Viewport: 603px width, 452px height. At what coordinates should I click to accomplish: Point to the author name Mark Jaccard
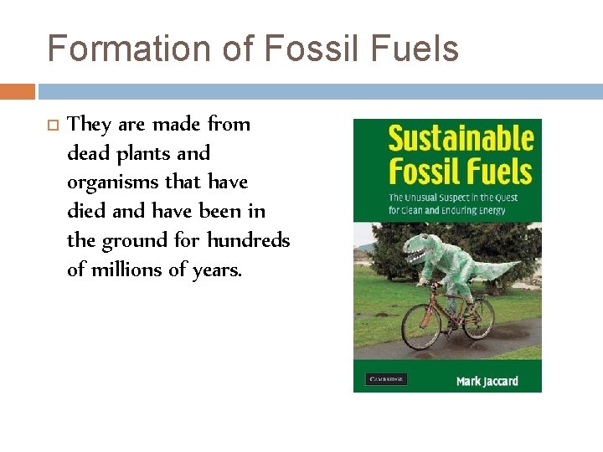pos(487,381)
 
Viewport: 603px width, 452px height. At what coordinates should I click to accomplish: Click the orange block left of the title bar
pos(17,91)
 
